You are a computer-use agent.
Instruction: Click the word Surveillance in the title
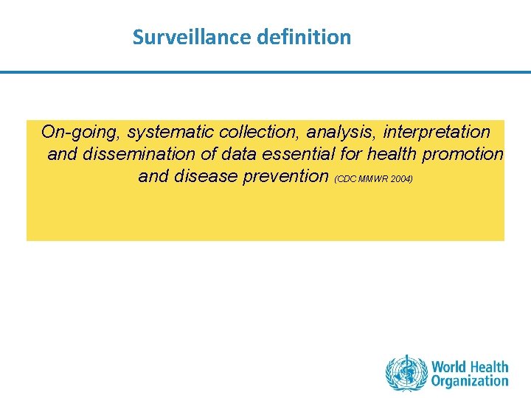click(x=193, y=37)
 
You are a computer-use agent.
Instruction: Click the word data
click(x=240, y=154)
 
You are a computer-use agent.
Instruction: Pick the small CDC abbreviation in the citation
click(x=345, y=179)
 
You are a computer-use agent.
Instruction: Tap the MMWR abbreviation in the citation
click(x=372, y=179)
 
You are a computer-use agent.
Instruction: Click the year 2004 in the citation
click(x=403, y=179)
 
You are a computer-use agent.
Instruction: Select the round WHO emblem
click(x=406, y=374)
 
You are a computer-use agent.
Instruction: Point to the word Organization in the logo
click(x=470, y=381)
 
